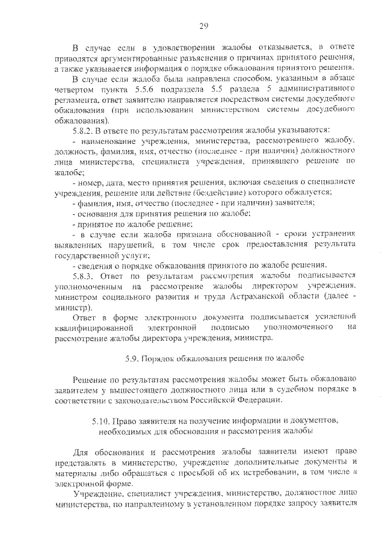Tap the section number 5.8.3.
(84, 276)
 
